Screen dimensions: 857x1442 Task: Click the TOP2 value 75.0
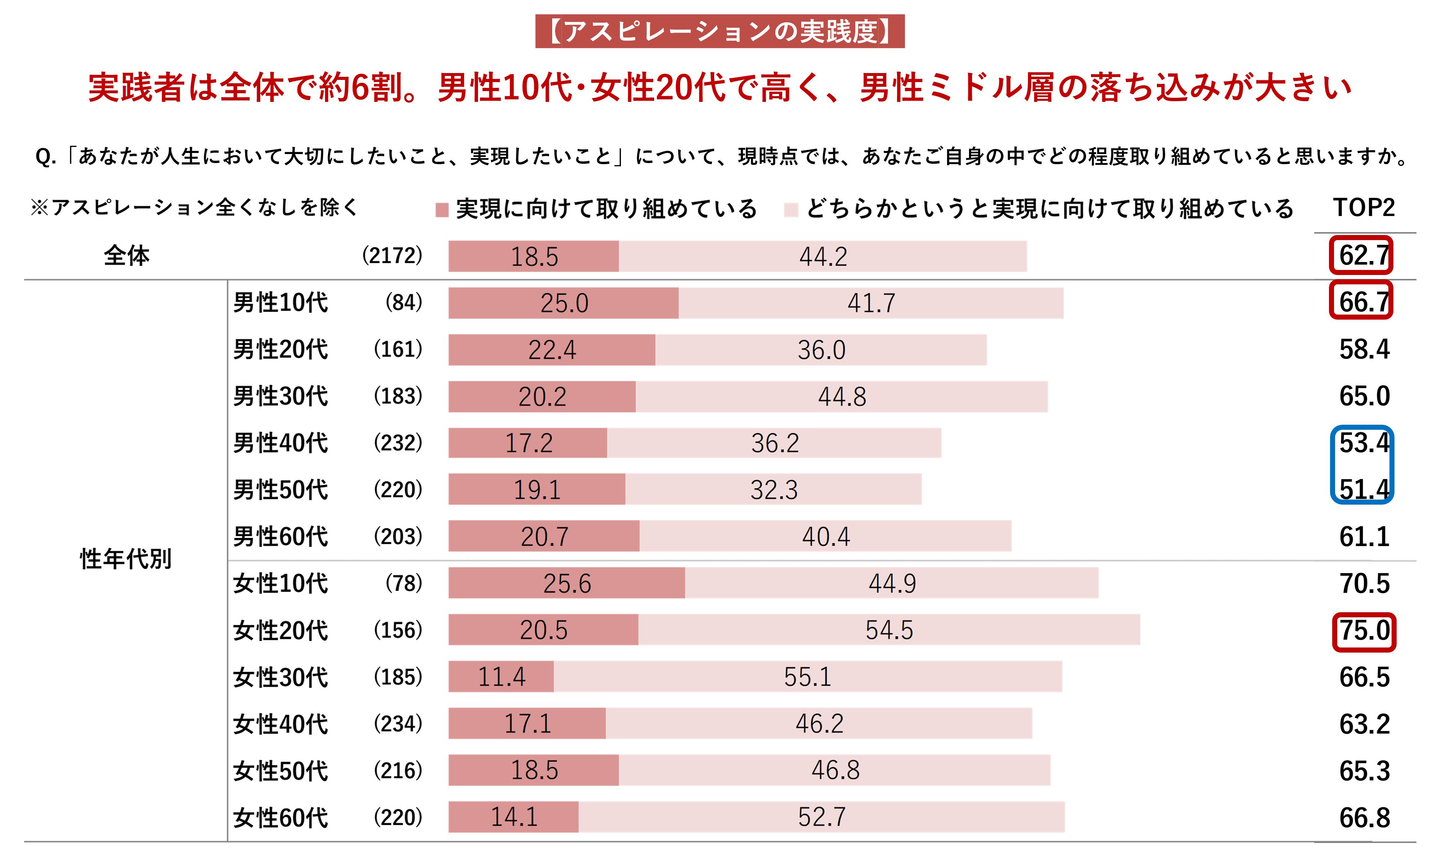[1364, 631]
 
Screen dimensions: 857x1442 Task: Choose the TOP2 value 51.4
[1364, 490]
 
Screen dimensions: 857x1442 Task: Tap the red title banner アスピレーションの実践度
[720, 31]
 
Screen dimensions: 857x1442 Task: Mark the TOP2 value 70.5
[1364, 583]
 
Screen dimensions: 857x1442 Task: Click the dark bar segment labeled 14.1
[513, 817]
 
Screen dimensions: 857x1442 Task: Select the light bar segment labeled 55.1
[807, 676]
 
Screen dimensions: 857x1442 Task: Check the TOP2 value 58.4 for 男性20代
[1364, 349]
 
